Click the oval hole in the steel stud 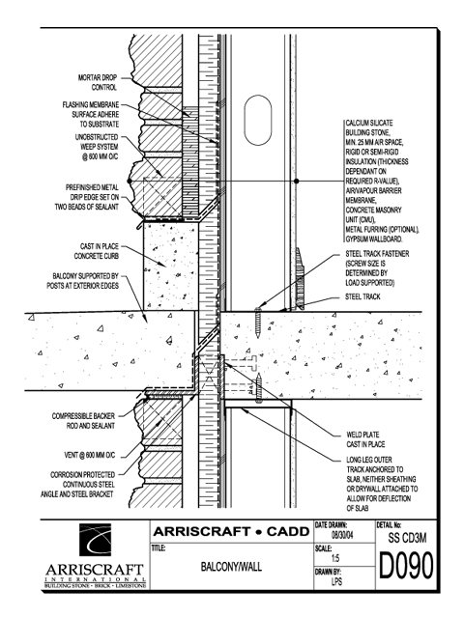(x=258, y=120)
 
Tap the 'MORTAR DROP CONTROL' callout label (x=98, y=83)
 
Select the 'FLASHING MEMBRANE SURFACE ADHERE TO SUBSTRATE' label (x=91, y=115)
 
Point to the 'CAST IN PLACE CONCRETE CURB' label (x=97, y=251)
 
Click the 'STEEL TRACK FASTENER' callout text (x=377, y=254)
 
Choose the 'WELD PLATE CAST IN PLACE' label (x=365, y=439)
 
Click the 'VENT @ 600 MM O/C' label (x=90, y=455)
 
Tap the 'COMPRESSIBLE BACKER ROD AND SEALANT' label (x=84, y=421)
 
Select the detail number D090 (x=406, y=566)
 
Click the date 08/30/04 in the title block (x=342, y=536)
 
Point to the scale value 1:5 (x=335, y=558)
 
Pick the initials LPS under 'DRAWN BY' (x=336, y=581)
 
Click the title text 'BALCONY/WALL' (x=231, y=567)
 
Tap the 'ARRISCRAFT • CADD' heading (x=231, y=532)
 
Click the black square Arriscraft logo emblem (x=95, y=540)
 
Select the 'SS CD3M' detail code (x=407, y=538)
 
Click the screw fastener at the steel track (x=258, y=323)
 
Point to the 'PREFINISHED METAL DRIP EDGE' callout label (x=87, y=197)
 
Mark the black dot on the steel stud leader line (x=297, y=181)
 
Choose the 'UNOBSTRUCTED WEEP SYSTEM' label (x=97, y=147)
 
